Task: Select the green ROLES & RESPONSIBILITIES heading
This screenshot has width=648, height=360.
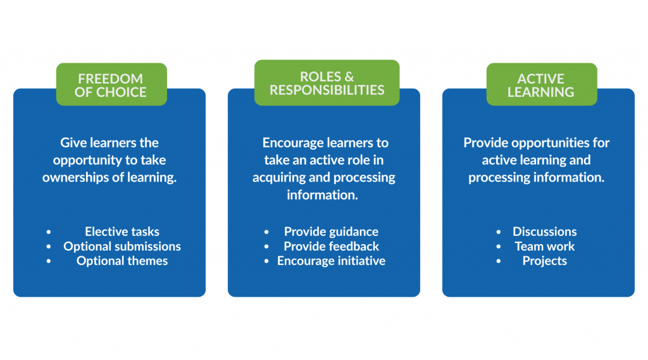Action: tap(327, 83)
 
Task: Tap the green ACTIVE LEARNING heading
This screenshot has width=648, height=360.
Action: tap(541, 85)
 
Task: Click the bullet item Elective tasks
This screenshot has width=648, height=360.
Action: tap(122, 232)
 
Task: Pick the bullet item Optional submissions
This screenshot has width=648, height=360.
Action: tap(122, 246)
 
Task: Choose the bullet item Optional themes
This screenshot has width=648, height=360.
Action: tap(122, 261)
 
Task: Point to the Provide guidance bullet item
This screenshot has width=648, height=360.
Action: tap(331, 232)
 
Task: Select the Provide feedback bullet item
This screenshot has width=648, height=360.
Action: tap(331, 246)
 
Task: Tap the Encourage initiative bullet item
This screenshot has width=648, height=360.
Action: tap(331, 261)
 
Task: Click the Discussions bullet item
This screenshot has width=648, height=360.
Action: tap(544, 232)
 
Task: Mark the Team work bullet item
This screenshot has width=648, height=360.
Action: tap(544, 246)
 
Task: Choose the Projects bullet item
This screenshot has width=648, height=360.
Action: tap(544, 261)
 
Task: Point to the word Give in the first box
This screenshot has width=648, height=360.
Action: tap(73, 143)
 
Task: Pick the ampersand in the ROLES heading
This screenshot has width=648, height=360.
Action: tap(347, 77)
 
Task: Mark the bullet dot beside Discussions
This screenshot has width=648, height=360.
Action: tap(499, 232)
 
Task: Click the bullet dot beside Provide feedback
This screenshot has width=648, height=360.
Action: tap(267, 247)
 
